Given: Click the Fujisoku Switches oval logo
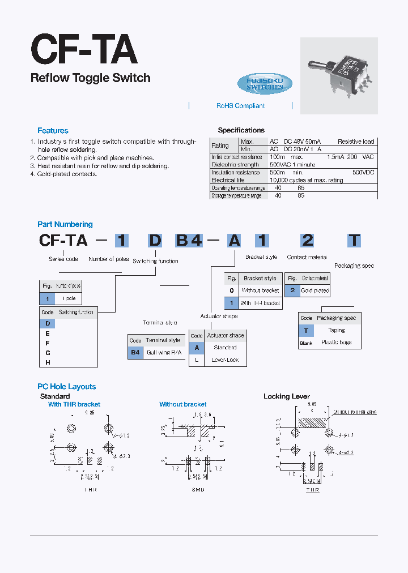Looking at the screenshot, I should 265,84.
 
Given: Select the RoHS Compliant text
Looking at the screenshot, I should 240,106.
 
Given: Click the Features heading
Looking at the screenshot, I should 53,131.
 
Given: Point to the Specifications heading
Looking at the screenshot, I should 241,130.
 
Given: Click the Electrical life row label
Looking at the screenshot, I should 228,180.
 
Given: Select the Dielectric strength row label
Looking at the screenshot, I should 235,165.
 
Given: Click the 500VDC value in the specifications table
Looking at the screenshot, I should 363,172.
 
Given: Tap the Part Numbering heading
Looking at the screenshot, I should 65,225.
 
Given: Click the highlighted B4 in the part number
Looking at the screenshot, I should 189,240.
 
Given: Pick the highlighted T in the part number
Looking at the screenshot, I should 354,240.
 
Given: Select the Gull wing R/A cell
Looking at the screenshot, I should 164,353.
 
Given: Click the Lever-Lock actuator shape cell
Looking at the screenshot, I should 225,360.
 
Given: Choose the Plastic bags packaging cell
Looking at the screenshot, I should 337,343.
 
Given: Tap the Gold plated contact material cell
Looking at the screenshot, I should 314,290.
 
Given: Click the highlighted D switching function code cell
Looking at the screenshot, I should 48,324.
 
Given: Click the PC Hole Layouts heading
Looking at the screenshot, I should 66,387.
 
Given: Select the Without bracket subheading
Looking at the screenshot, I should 182,404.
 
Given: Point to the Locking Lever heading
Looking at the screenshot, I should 286,396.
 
